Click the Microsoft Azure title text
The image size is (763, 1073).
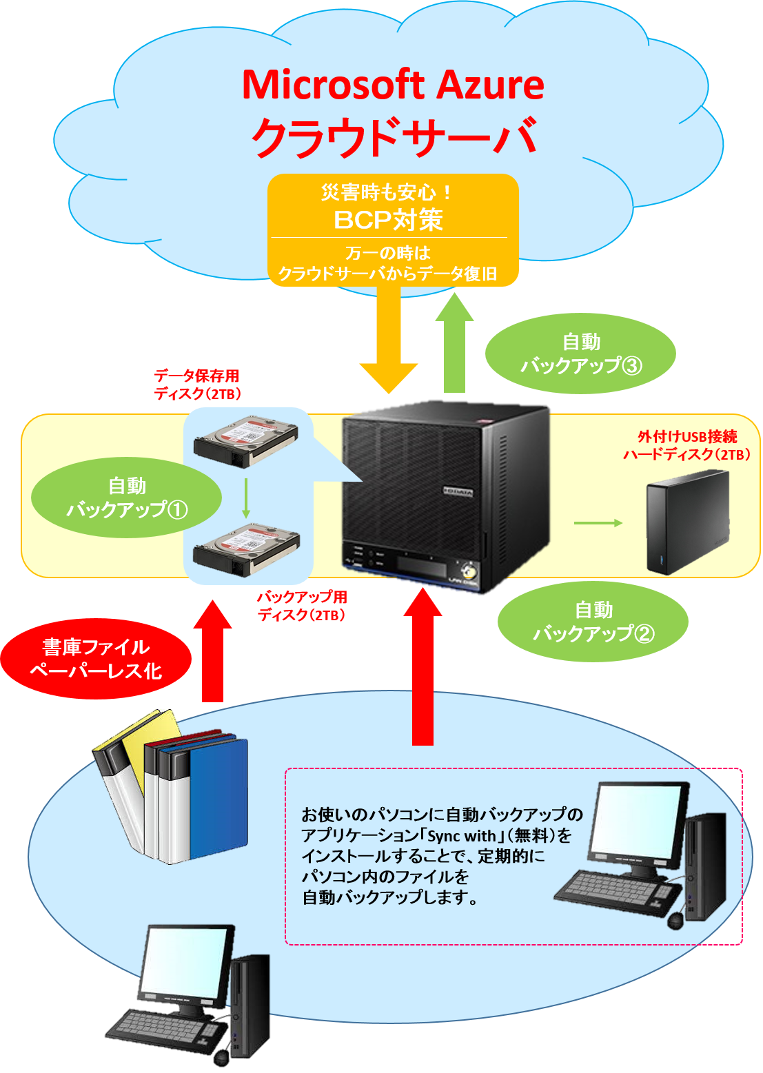(393, 85)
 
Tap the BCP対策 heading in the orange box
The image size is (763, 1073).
(388, 220)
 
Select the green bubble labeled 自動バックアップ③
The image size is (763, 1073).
(580, 354)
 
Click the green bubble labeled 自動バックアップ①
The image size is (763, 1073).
(127, 498)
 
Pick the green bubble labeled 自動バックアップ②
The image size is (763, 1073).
(593, 622)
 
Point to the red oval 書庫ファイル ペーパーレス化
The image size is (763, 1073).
(96, 659)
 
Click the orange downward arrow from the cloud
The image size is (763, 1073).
(389, 338)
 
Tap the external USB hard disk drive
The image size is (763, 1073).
(687, 522)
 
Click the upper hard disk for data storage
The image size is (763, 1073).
(246, 440)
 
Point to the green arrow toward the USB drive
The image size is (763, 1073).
(598, 523)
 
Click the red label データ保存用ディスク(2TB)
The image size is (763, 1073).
(197, 385)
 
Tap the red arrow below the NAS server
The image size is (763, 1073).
(423, 668)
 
